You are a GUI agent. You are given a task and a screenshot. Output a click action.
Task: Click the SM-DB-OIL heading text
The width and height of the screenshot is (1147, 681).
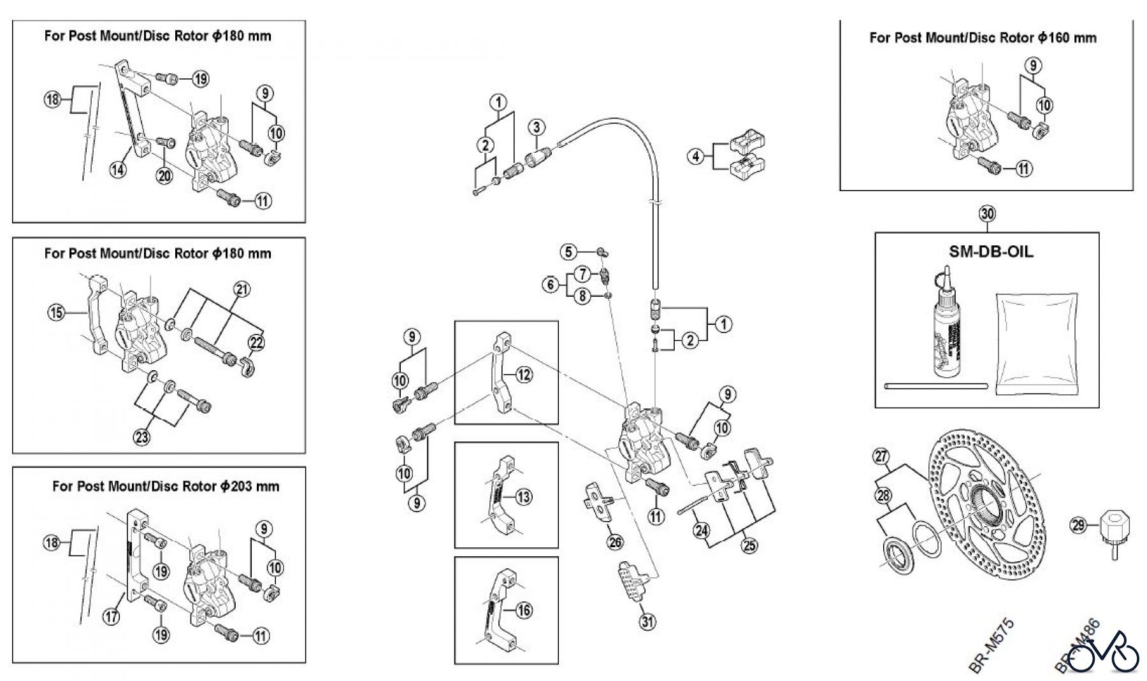[x=991, y=251]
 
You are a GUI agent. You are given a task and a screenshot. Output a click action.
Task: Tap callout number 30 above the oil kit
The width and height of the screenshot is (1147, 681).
[x=987, y=213]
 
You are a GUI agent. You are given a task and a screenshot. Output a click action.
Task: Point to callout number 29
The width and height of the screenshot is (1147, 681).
[x=1078, y=526]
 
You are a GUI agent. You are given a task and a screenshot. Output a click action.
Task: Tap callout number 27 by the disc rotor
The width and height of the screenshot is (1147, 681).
[x=881, y=457]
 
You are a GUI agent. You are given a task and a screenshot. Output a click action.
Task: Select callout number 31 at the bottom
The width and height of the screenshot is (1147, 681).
[x=647, y=622]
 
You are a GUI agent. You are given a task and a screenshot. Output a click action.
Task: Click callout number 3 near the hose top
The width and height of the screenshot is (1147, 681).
[x=537, y=127]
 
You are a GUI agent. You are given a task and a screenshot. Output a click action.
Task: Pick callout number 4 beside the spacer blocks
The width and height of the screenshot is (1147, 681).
[x=696, y=155]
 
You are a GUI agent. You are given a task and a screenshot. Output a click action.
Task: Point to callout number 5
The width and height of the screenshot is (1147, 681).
[x=568, y=252]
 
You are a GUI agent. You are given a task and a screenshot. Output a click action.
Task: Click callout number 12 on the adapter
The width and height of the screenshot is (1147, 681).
[x=524, y=375]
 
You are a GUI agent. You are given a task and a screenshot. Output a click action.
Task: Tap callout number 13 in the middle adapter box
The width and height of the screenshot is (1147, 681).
[x=524, y=496]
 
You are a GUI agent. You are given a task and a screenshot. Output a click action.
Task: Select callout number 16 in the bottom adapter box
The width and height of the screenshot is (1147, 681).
[x=524, y=610]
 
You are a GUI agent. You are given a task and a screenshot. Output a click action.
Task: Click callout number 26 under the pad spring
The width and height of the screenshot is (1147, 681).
[x=616, y=542]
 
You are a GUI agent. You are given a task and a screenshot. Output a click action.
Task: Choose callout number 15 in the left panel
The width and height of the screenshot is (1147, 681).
[x=56, y=312]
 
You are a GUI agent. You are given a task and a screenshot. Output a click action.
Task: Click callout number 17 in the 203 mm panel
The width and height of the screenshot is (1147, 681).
[x=111, y=617]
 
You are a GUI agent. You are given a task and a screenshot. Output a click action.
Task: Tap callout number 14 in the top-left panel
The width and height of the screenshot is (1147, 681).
[x=117, y=169]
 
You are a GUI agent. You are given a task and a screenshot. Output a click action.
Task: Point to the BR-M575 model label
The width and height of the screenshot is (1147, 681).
[x=992, y=645]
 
